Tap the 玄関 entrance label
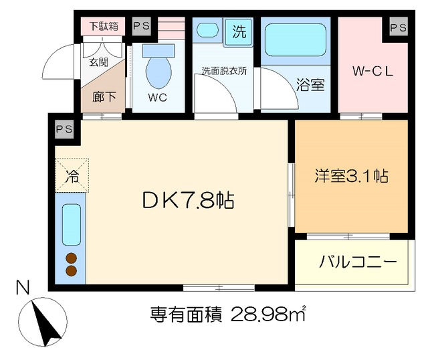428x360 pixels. pos(98,62)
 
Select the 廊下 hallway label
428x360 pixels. pos(104,96)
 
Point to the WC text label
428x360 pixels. pos(158,98)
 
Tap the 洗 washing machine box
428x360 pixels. pos(238,31)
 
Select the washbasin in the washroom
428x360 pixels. pos(207,31)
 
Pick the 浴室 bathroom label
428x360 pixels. pos(311,85)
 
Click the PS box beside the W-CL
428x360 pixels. pos(398,27)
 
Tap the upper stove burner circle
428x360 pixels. pos(72,258)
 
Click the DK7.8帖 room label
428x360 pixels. pos(187,200)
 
